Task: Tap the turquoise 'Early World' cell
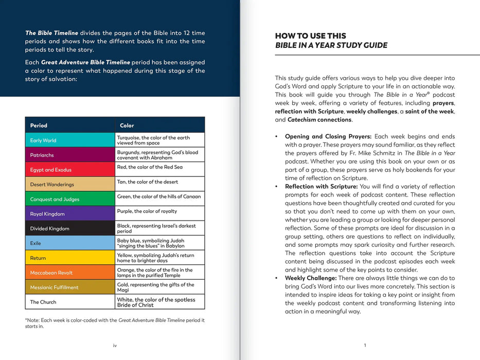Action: click(x=70, y=140)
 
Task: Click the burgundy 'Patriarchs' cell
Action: click(x=70, y=155)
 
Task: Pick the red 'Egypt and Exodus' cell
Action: click(x=70, y=170)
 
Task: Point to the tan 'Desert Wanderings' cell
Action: click(x=70, y=184)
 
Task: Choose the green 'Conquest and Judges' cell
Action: click(x=70, y=199)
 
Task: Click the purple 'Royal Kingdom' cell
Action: click(x=70, y=213)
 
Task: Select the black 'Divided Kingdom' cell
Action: click(x=70, y=228)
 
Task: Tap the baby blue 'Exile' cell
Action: click(x=70, y=243)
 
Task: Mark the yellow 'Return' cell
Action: click(x=70, y=258)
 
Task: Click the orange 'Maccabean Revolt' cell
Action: click(x=70, y=273)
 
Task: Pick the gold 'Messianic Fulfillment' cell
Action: click(x=70, y=287)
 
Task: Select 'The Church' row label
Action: click(x=43, y=302)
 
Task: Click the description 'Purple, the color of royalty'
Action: click(x=147, y=211)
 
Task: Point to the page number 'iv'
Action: click(x=115, y=346)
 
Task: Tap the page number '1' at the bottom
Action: click(x=365, y=346)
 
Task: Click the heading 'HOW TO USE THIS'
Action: click(x=310, y=36)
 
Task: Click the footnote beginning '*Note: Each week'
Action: click(x=115, y=323)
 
